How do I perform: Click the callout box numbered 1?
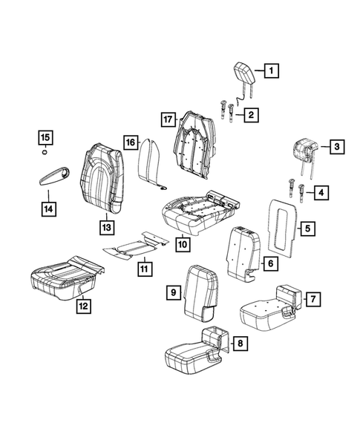(272, 72)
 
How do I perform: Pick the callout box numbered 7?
(312, 299)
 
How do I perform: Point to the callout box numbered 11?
(143, 267)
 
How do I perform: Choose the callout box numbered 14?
(47, 210)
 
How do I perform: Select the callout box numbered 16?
(130, 142)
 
